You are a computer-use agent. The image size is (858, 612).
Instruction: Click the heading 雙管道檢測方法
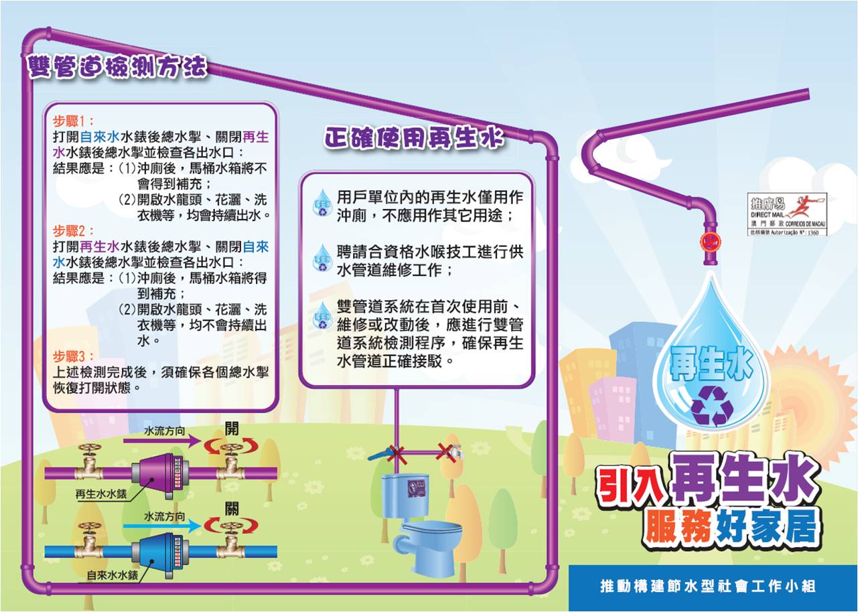[x=117, y=68]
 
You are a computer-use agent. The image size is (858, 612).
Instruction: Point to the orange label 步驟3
[x=75, y=356]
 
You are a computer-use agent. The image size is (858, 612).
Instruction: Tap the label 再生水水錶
[x=102, y=496]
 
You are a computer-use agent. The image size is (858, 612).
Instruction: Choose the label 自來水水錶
[x=113, y=575]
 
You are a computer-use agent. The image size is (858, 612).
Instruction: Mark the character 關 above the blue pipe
[x=231, y=507]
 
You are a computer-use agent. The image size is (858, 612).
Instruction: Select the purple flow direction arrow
[x=161, y=441]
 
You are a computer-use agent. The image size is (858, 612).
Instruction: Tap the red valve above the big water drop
[x=709, y=242]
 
